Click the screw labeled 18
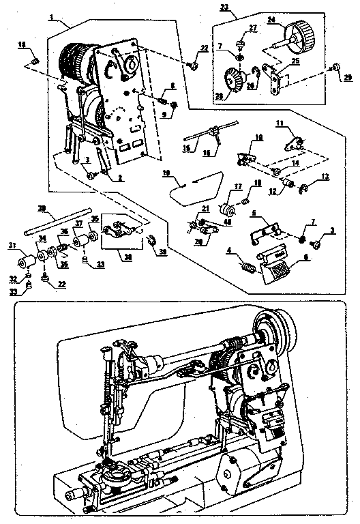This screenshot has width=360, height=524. point(35,62)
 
